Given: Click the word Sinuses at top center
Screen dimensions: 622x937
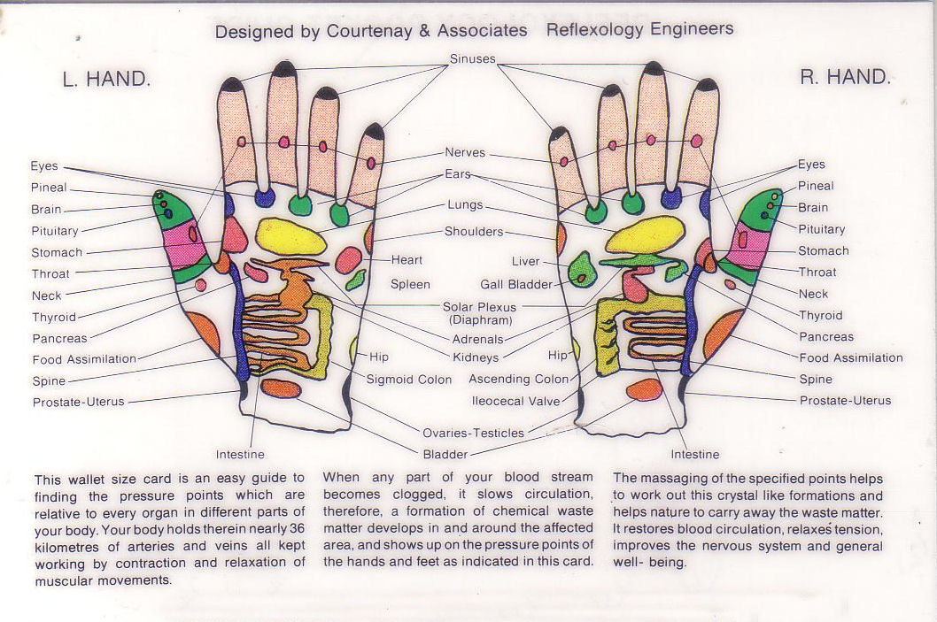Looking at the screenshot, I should click(x=472, y=59).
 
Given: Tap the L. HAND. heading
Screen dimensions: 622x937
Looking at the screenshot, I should click(x=106, y=79).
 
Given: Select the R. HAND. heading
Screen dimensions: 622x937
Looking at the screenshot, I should click(x=844, y=77).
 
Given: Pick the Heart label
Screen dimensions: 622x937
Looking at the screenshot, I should click(x=407, y=260).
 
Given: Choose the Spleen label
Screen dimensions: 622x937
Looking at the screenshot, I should click(x=410, y=284).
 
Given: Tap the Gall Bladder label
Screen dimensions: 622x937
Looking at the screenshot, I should click(x=516, y=285).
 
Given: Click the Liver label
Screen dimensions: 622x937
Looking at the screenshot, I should click(x=525, y=262).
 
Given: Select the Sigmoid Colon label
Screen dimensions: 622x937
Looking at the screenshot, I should click(x=409, y=380).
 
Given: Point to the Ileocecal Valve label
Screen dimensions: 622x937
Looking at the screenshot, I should click(x=515, y=401).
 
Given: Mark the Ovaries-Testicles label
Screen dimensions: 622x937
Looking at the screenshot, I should click(x=473, y=433).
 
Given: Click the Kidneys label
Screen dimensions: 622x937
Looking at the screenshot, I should click(x=476, y=357).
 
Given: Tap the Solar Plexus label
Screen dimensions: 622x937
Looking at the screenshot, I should click(x=478, y=307).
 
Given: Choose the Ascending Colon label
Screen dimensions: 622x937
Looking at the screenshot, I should click(x=518, y=379).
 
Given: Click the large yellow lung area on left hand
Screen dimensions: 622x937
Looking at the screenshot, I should click(x=290, y=236).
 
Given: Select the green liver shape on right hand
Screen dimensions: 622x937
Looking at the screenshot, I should click(x=582, y=269).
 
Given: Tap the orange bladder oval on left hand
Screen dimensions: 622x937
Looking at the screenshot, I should click(x=281, y=388).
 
